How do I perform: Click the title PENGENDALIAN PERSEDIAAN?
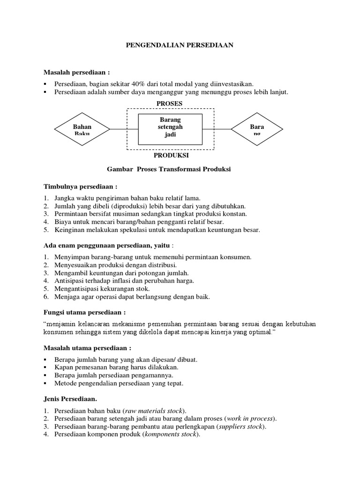(180, 45)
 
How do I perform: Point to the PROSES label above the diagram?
(170, 103)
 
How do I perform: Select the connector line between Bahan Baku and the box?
(124, 128)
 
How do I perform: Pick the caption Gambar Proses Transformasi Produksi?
(169, 170)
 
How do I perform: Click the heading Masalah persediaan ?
(76, 73)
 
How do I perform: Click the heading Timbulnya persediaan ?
(80, 187)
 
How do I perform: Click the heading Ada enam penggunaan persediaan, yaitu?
(107, 245)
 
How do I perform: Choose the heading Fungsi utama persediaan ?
(84, 312)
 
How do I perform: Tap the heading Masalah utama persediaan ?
(87, 348)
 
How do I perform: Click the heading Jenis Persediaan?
(70, 399)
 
